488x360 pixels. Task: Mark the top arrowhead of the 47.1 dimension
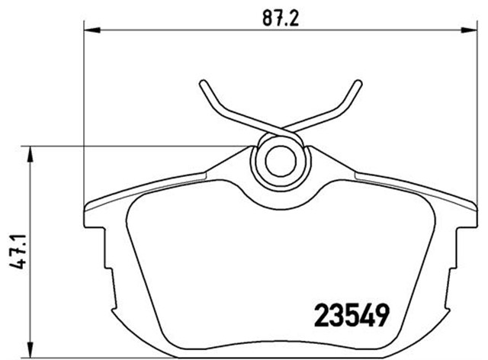tap(30, 153)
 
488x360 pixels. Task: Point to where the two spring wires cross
tap(280, 128)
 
